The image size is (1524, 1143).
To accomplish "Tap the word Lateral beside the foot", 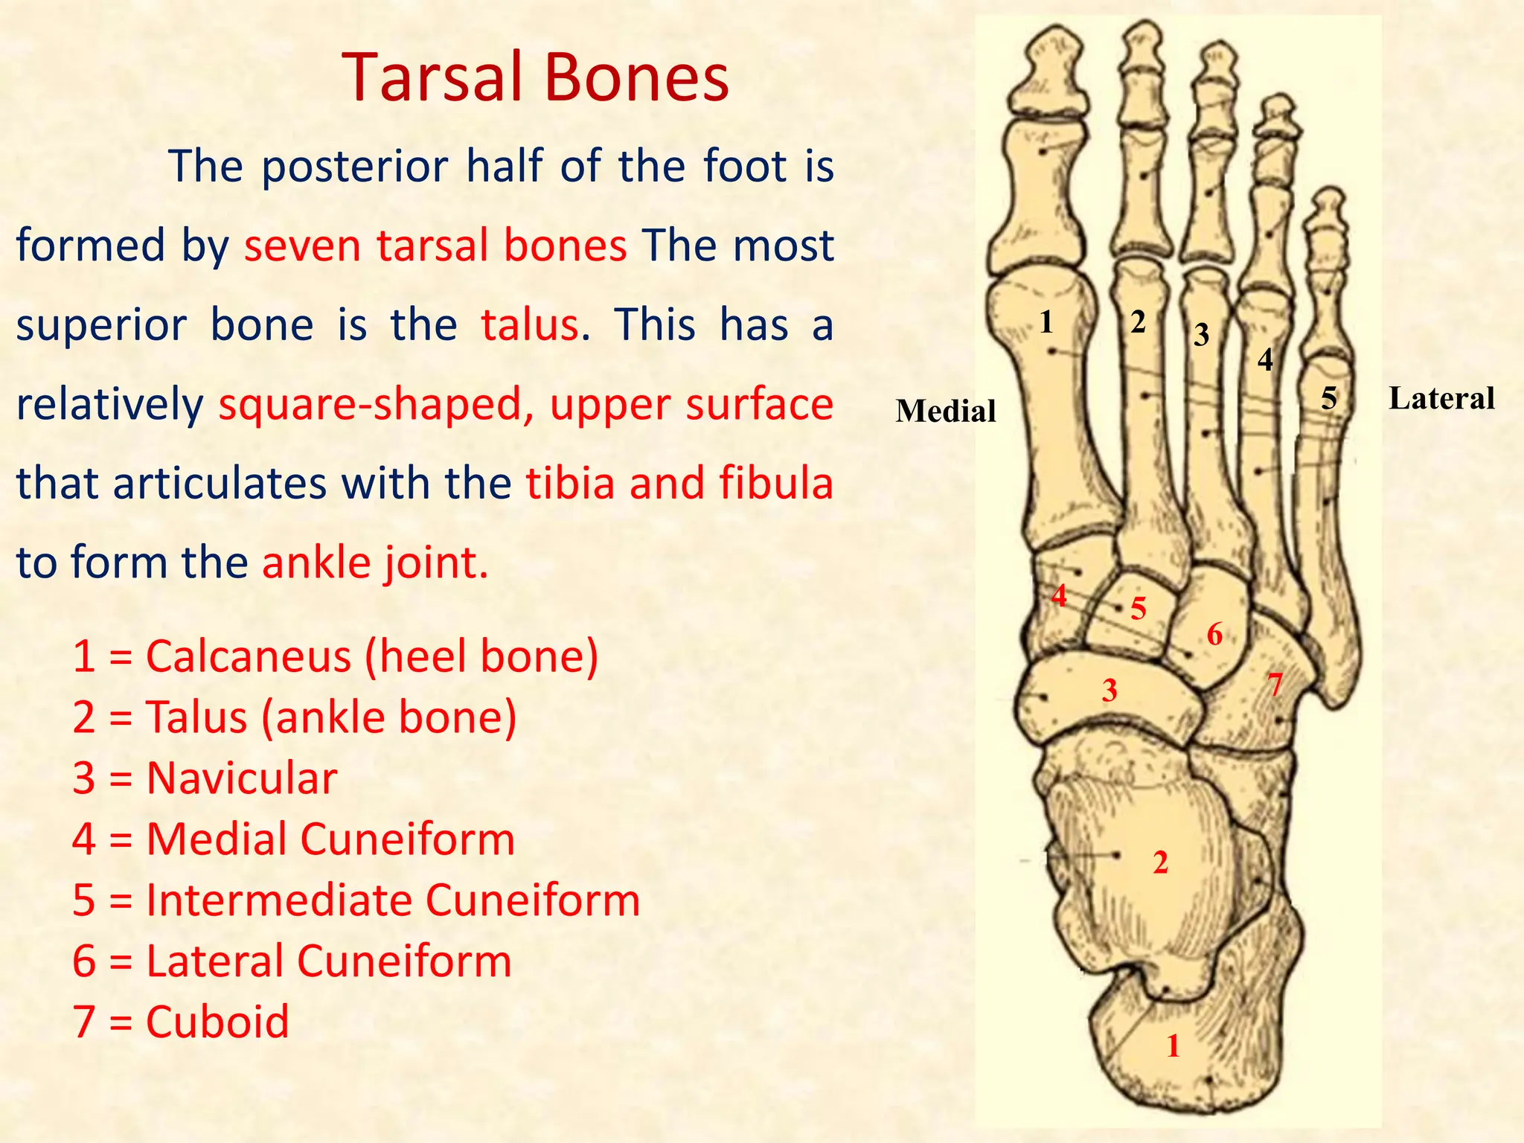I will tap(1441, 399).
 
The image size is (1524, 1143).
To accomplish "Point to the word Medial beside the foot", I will tap(945, 412).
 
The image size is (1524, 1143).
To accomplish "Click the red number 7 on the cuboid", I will tap(1275, 684).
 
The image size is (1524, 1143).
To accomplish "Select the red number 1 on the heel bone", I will tap(1174, 1046).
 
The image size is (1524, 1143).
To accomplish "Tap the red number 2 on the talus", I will tap(1160, 862).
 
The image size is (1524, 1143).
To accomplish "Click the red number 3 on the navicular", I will tap(1110, 691).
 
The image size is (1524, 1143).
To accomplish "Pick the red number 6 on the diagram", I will tap(1214, 635).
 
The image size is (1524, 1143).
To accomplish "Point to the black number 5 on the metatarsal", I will tap(1329, 399).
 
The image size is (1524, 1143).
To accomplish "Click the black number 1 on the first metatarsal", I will tap(1046, 322).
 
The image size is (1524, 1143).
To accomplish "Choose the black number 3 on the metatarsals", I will tap(1201, 335).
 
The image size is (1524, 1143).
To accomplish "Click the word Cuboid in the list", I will tap(217, 1022).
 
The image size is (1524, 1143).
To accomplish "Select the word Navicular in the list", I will tap(242, 778).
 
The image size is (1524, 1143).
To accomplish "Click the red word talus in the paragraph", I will tap(529, 325).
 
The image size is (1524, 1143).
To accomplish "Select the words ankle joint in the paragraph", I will tap(375, 563).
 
